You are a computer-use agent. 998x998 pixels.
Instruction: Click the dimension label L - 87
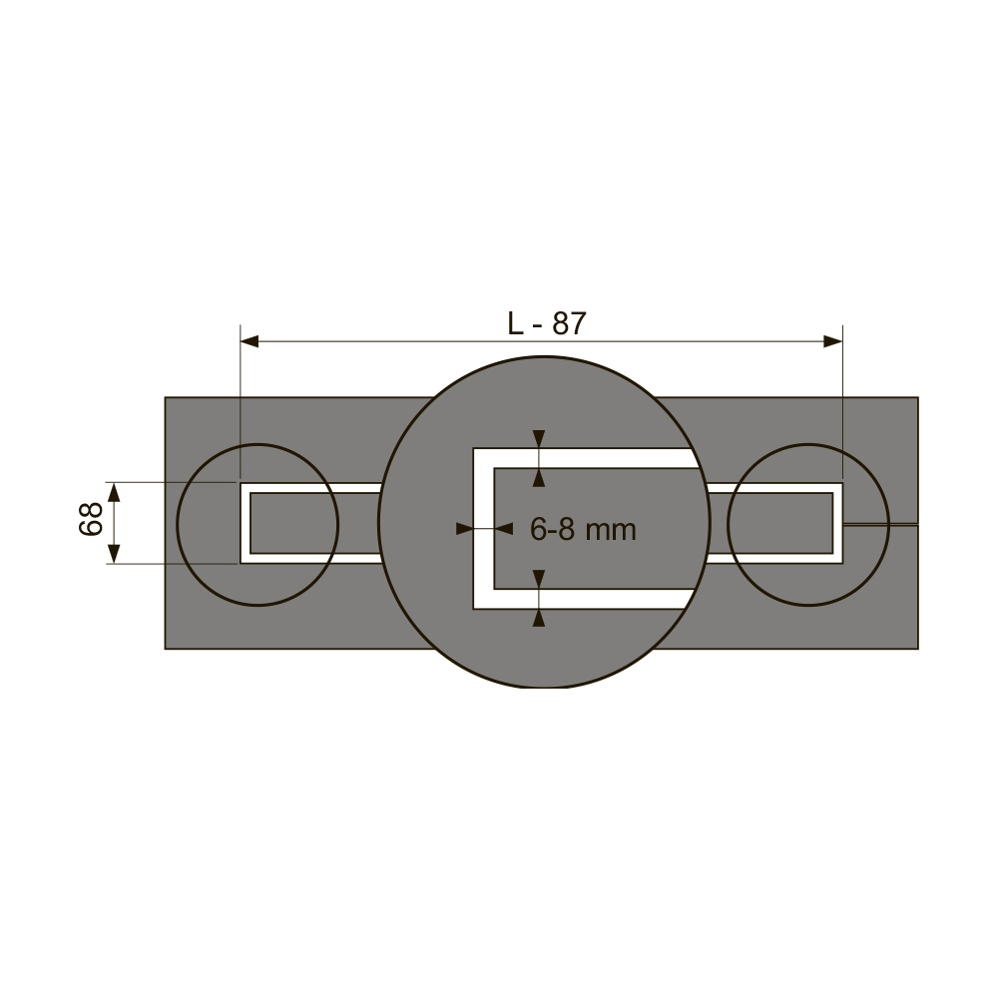pyautogui.click(x=547, y=323)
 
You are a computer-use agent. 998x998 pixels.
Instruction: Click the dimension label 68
pyautogui.click(x=91, y=519)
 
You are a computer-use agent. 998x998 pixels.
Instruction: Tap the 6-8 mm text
pyautogui.click(x=583, y=530)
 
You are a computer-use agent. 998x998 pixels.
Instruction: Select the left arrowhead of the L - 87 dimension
pyautogui.click(x=249, y=341)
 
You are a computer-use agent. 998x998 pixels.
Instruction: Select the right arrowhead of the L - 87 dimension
pyautogui.click(x=833, y=341)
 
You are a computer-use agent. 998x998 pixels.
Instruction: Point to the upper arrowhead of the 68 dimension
pyautogui.click(x=114, y=492)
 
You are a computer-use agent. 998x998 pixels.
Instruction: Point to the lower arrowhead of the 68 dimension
pyautogui.click(x=114, y=554)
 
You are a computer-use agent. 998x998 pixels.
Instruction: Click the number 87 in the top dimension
pyautogui.click(x=569, y=323)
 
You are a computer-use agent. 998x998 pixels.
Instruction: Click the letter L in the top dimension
pyautogui.click(x=514, y=323)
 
